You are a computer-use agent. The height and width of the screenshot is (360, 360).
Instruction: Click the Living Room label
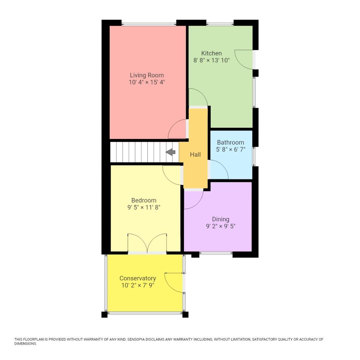coord(147,75)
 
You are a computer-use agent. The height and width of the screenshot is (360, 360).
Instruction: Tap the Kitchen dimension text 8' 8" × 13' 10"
coord(211,60)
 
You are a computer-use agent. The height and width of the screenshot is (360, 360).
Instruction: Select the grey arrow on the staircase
coord(171,152)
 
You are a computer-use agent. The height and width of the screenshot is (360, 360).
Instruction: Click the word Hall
coord(195,154)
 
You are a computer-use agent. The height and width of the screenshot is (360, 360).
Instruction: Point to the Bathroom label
coord(230,142)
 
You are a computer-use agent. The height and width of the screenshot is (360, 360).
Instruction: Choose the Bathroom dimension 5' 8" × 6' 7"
coord(230,149)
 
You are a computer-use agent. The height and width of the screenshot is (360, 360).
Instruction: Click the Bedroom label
coord(144,200)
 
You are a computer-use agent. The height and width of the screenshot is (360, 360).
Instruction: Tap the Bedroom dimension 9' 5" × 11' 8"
coord(144,207)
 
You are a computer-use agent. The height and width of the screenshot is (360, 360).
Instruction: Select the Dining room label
coord(221,219)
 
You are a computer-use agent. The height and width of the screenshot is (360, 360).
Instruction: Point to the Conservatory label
coord(138,278)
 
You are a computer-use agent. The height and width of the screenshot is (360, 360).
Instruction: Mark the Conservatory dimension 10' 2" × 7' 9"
coord(138,285)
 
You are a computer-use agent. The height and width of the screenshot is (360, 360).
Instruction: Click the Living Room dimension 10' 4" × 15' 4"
coord(147,82)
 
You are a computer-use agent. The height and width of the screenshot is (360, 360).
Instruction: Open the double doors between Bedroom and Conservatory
coord(147,243)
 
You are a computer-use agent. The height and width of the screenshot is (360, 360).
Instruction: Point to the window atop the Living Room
coord(149,24)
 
